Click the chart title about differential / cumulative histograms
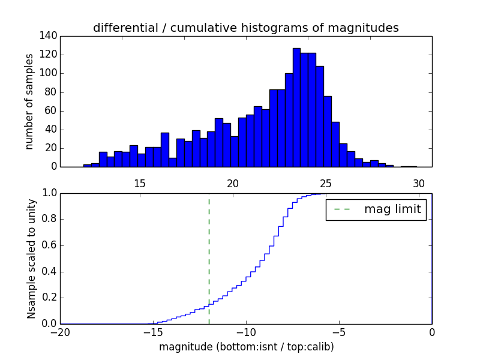pos(245,28)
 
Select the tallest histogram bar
pos(296,108)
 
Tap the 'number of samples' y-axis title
pos(29,101)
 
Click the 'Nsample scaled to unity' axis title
pos(31,259)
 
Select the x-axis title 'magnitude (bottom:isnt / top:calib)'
pos(246,347)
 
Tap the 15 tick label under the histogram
pos(140,184)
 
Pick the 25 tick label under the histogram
pos(326,184)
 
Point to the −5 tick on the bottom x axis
pos(339,333)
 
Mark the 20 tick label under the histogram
pos(233,184)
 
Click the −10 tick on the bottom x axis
pos(246,333)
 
